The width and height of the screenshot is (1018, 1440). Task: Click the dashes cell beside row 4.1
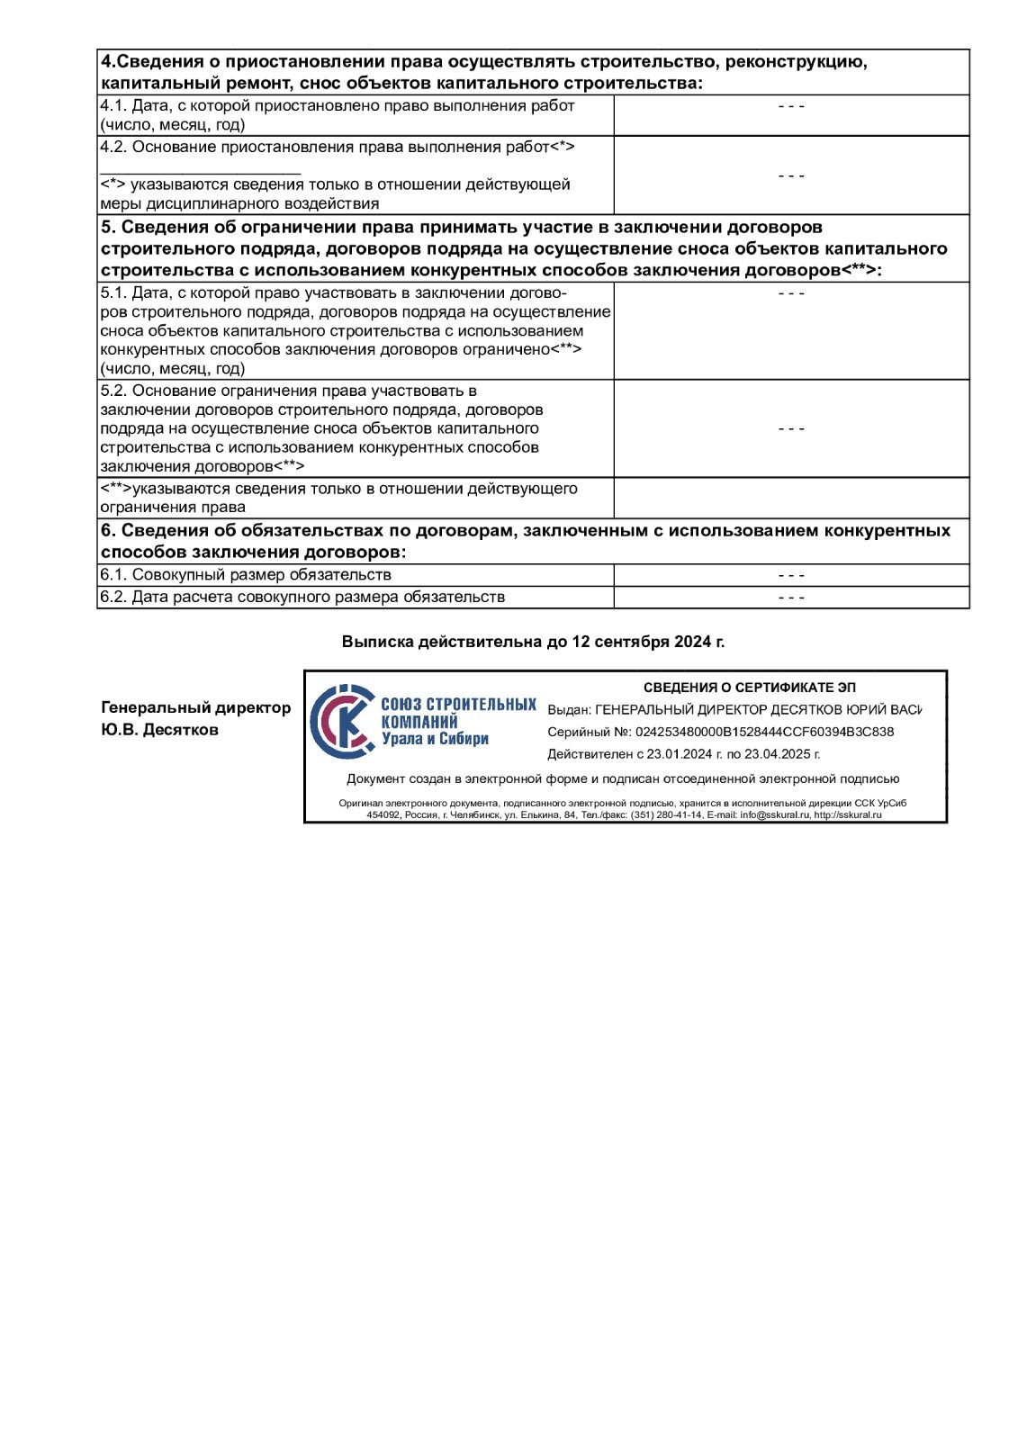click(x=791, y=106)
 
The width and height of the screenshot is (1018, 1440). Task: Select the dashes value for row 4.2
click(x=791, y=175)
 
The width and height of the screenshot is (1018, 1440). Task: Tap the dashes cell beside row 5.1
click(x=791, y=293)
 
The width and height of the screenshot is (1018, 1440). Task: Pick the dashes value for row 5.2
click(x=791, y=428)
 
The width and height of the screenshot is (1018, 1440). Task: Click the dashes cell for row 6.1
click(x=791, y=575)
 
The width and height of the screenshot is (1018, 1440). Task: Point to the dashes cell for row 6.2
click(x=791, y=598)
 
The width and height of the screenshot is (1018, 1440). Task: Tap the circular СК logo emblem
click(x=342, y=722)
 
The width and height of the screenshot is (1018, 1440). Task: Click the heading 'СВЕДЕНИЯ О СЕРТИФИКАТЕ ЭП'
click(x=749, y=688)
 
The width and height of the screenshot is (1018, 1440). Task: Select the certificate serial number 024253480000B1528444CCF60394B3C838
click(x=764, y=732)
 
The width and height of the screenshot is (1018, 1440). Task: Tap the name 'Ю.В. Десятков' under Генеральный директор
click(x=159, y=730)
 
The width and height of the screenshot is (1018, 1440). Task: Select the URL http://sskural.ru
click(x=848, y=815)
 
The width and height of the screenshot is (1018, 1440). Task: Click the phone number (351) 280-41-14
click(x=666, y=815)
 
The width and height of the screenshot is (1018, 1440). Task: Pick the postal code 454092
click(x=383, y=815)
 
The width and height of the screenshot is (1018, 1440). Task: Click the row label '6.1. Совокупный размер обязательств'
click(x=246, y=575)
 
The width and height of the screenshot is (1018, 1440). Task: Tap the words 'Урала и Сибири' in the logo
click(x=435, y=739)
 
